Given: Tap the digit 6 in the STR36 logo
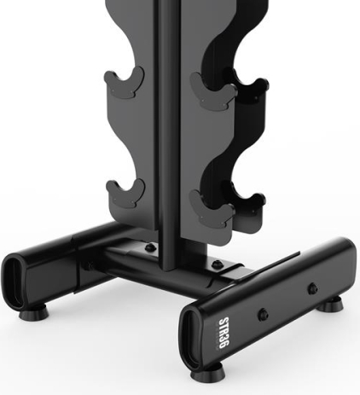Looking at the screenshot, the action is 224,346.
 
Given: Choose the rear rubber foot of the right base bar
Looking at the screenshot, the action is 330,305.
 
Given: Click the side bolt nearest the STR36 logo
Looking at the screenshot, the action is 263,314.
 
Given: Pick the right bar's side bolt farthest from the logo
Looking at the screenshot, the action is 312,288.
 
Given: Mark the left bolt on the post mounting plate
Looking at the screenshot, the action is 149,247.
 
